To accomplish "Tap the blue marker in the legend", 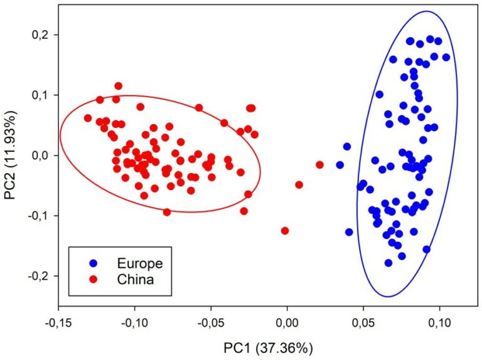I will [x=94, y=263].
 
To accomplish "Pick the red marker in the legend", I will [x=94, y=280].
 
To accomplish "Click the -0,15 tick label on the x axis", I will [x=58, y=322].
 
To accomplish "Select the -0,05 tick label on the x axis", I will [x=210, y=322].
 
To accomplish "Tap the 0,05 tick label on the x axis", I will [x=363, y=322].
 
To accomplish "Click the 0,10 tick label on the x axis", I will [x=439, y=322].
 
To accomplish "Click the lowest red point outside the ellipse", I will [x=285, y=231].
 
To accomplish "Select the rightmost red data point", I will [x=319, y=165].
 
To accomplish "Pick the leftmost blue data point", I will [x=340, y=165].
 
